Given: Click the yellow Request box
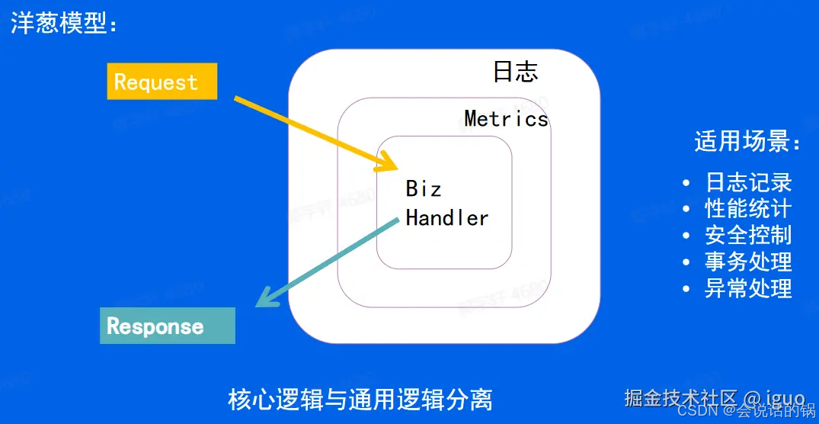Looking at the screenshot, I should tap(162, 82).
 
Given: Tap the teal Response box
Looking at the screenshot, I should tap(168, 326).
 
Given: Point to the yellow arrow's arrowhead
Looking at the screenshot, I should tap(389, 163).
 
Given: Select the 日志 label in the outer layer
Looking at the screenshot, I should tap(515, 72).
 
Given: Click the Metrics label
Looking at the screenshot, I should tap(506, 119).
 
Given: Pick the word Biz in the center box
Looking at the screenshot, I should tap(423, 188).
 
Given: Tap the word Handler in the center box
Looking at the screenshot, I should tap(446, 218).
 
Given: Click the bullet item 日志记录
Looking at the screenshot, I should tap(748, 182).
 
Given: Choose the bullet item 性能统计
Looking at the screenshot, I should tap(748, 208).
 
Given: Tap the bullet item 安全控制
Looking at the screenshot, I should tap(748, 235).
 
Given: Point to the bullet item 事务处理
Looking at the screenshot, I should tap(748, 262).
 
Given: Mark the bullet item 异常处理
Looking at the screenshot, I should tap(748, 288).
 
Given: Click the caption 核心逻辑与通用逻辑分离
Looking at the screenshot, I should tap(360, 400).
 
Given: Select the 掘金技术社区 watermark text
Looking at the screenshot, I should tap(681, 397).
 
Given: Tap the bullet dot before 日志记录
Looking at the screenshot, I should tap(687, 183).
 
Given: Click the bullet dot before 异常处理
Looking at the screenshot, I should tap(687, 289).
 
